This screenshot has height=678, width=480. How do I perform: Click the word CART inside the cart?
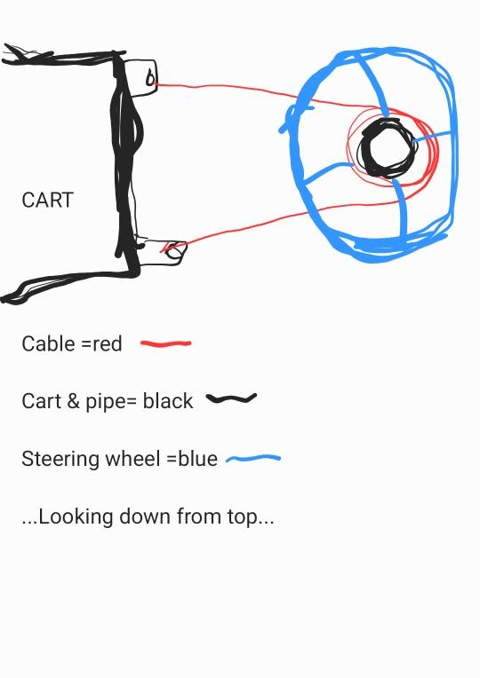tap(47, 201)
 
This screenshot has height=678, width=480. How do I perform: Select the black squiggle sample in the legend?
tap(231, 399)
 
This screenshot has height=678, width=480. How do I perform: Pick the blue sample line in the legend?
tap(253, 459)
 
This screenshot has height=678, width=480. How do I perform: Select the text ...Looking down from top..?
tap(148, 516)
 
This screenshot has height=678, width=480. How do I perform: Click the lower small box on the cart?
tap(160, 249)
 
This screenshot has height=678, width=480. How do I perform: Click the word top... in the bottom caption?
tap(253, 516)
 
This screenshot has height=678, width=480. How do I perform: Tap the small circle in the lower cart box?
tap(175, 252)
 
